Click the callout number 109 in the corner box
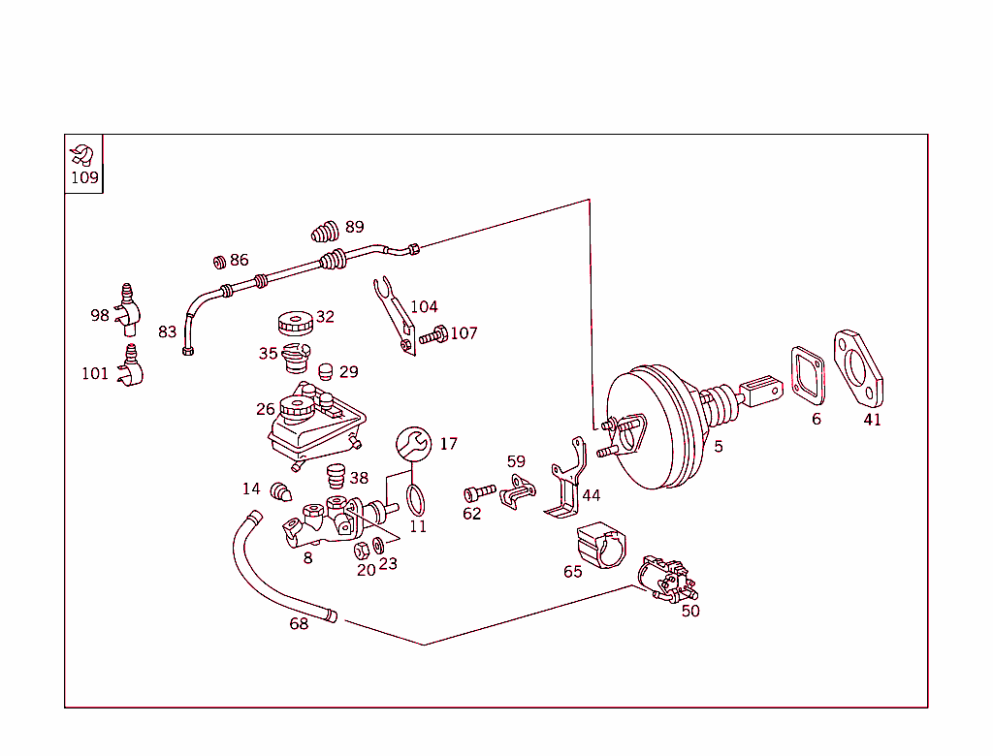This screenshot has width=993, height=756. pos(84,177)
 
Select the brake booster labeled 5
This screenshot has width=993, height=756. pos(656,426)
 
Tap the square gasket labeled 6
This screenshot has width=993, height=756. pos(807,375)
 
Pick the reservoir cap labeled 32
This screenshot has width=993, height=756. pos(292,323)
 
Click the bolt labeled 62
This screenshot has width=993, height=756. pos(479,492)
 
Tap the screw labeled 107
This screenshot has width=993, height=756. pos(432,336)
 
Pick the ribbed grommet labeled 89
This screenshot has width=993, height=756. pos(325,231)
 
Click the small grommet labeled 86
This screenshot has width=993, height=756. pos(220,261)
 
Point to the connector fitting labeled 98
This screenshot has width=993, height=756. pos(127,305)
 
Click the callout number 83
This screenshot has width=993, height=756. pos(168,331)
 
